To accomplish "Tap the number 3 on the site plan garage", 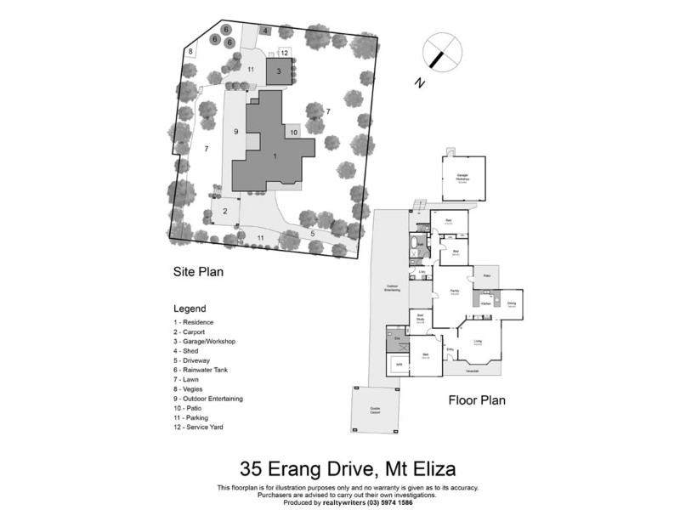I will pos(277,71).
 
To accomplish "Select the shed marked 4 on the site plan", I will pos(265,31).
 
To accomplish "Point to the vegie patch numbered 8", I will pos(191,52).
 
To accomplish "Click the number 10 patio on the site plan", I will pos(292,133).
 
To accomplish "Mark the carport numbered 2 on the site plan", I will pos(225,211).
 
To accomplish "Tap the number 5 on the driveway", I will pos(312,233).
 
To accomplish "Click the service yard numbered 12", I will pos(285,53).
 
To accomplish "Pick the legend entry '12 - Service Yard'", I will pos(199,427).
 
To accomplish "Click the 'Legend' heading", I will pos(189,309).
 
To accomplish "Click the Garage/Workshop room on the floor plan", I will pos(463,178).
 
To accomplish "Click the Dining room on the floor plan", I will pos(512,303).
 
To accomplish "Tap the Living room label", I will pos(478,342).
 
